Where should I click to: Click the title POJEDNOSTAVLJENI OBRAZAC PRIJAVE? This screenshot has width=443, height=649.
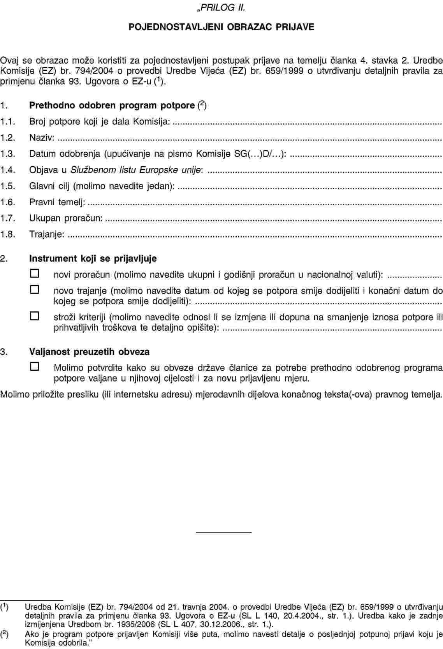221,27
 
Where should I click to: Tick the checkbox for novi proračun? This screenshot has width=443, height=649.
35,274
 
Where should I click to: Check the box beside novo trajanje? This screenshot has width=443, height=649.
35,290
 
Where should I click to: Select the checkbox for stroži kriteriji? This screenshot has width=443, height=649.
35,316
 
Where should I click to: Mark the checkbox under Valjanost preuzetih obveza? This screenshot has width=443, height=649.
35,366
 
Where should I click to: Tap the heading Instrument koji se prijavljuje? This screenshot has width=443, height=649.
93,258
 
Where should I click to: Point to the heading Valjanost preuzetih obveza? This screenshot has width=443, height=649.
89,352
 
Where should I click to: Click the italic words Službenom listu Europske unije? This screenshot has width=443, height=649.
136,170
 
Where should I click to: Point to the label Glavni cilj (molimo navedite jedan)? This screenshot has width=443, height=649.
102,186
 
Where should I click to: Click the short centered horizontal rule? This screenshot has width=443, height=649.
224,532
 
